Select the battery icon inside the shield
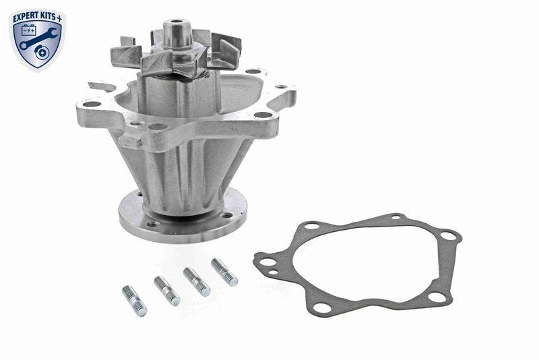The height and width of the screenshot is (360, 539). coord(29,32)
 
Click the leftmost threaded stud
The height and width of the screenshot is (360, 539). coord(133,300)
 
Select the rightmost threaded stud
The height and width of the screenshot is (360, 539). coord(224,272)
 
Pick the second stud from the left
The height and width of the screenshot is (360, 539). coord(166,291)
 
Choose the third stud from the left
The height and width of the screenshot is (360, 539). coord(196,281)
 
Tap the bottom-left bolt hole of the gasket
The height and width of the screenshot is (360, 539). coord(321,307)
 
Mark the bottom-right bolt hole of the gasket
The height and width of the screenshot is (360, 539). coord(435,297)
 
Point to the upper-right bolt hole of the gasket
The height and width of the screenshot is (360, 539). coord(448,236)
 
